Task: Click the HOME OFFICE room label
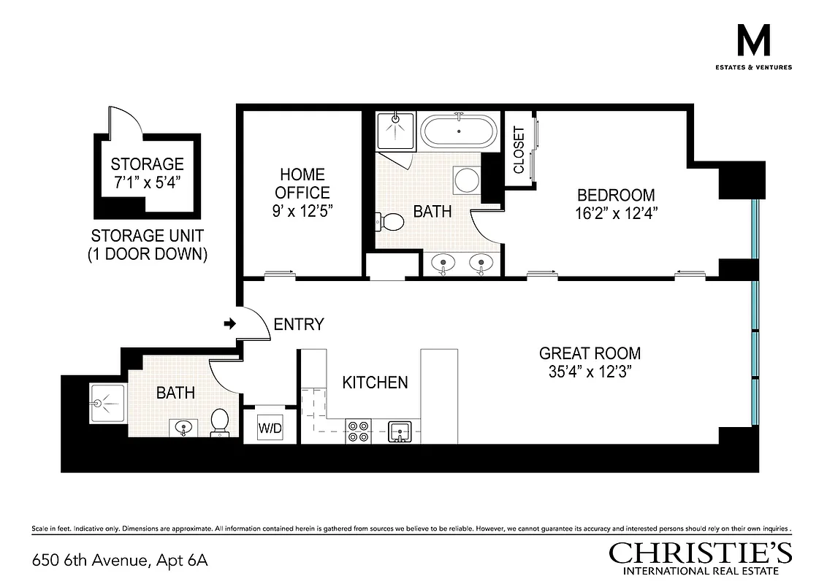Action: pyautogui.click(x=302, y=183)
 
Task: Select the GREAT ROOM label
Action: pyautogui.click(x=590, y=353)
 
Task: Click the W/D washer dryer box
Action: pyautogui.click(x=268, y=427)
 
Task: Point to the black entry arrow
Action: pyautogui.click(x=229, y=323)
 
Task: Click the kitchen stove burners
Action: pyautogui.click(x=358, y=431)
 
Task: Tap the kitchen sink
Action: pyautogui.click(x=400, y=431)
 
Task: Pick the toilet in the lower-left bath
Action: pyautogui.click(x=219, y=422)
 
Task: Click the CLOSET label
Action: pyautogui.click(x=519, y=150)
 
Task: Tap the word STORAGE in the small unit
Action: pyautogui.click(x=147, y=164)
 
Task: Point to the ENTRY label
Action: pyautogui.click(x=298, y=325)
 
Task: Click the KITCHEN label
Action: pyautogui.click(x=375, y=383)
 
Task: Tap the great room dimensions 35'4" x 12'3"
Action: pyautogui.click(x=590, y=372)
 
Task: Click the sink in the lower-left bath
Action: pyautogui.click(x=182, y=427)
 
